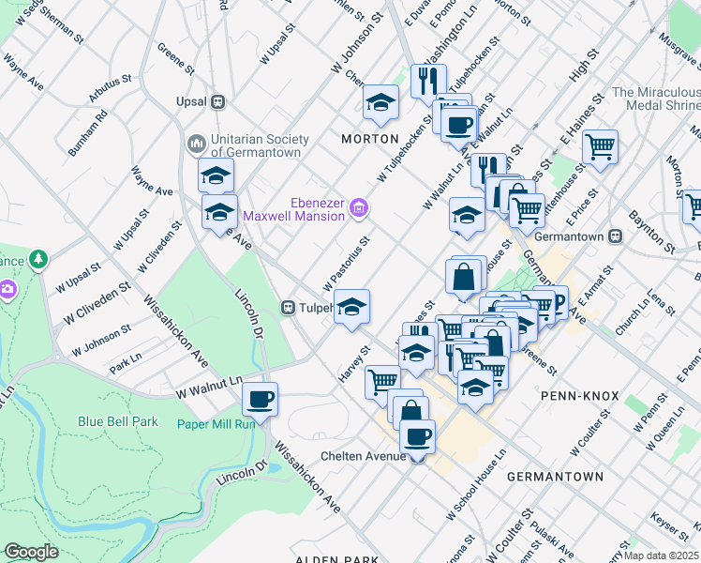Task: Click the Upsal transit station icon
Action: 217,101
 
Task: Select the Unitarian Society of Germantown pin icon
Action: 196,144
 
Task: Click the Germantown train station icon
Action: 616,236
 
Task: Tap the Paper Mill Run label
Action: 216,423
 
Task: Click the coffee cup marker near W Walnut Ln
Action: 260,398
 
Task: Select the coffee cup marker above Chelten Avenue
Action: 417,435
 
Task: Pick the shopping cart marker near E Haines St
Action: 599,146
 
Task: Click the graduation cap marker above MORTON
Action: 380,102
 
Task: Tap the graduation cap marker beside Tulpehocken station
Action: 351,307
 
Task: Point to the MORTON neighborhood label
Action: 369,139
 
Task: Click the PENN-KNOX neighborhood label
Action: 579,396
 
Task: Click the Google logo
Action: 31,551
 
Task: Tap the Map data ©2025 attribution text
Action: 661,555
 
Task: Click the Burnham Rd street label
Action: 88,133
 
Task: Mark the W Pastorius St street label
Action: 347,263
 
